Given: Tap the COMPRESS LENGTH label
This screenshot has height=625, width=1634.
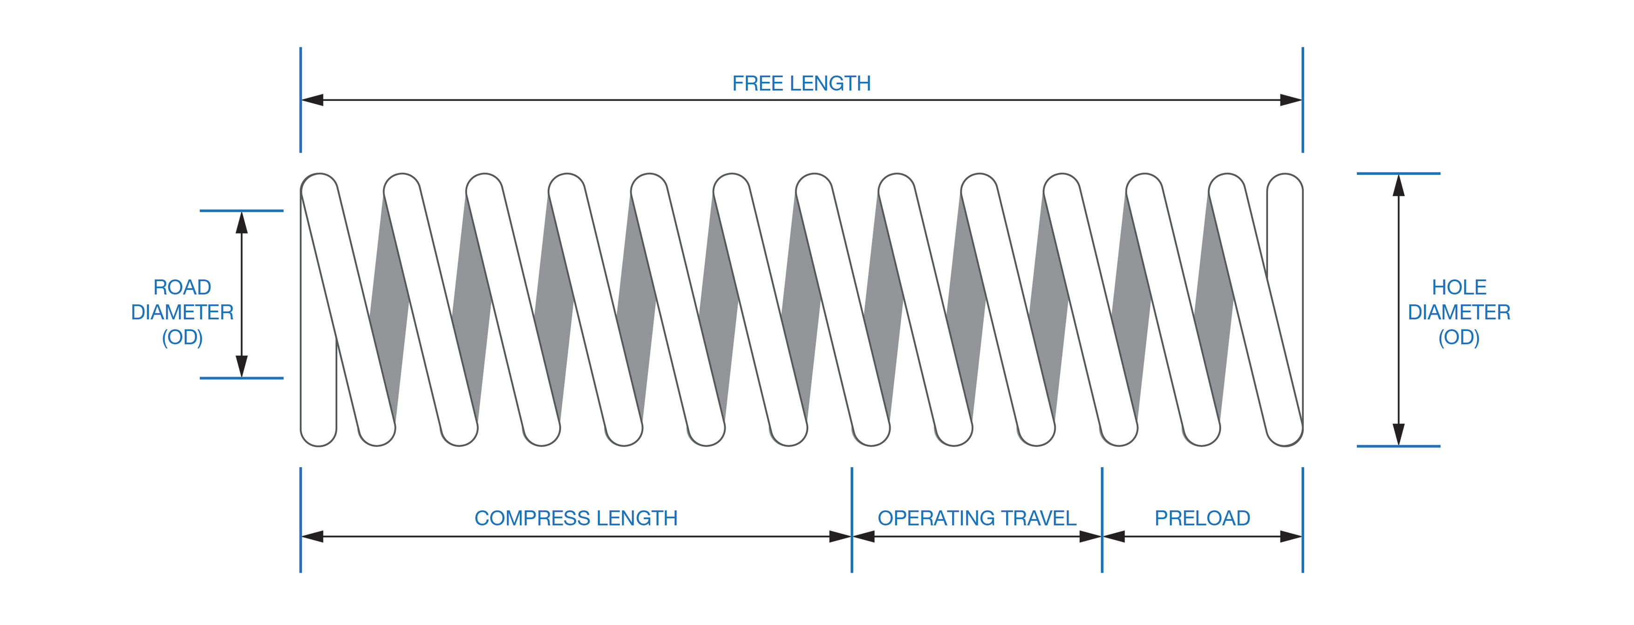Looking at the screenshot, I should pos(576,518).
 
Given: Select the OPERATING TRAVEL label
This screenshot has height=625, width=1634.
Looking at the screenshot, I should pos(977,518).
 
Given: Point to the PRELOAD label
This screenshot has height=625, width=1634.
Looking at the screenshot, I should pos(1202,518).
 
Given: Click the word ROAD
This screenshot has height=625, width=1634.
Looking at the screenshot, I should pos(182,287).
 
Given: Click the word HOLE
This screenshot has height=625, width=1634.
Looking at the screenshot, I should pos(1459,287).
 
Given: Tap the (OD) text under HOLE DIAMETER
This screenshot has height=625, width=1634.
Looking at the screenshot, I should pos(1459,337).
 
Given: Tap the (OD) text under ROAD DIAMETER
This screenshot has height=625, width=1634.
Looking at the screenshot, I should pos(182,337).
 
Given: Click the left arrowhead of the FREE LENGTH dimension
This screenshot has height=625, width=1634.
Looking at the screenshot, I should pos(312,100).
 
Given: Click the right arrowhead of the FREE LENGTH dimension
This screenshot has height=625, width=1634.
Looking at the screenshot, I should pos(1291,100).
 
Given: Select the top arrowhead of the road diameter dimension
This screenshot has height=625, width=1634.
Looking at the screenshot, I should pos(242,222).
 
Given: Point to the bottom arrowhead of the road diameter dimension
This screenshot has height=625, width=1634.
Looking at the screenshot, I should pos(242,366).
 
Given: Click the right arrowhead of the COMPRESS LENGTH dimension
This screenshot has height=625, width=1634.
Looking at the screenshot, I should pos(840,536).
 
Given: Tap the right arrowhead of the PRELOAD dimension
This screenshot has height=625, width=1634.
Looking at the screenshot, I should pos(1291,536).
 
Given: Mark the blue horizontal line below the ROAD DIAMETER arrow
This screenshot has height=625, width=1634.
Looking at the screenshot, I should pos(242,378).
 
